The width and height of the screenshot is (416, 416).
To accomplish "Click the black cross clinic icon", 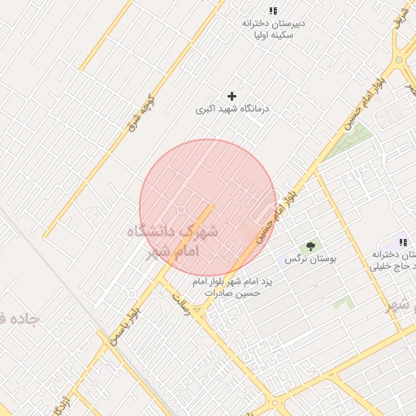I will pyautogui.click(x=232, y=96).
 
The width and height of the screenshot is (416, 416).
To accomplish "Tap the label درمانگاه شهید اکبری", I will pyautogui.click(x=232, y=108).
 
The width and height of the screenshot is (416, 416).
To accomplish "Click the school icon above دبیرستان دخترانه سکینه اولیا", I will pyautogui.click(x=273, y=11).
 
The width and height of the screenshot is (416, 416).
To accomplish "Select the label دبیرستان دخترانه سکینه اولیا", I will pyautogui.click(x=273, y=29).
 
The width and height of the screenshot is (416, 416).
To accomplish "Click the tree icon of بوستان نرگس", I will pyautogui.click(x=310, y=245).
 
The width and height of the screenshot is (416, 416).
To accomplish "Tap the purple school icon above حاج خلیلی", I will pyautogui.click(x=402, y=242).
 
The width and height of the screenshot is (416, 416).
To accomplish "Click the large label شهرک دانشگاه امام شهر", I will pyautogui.click(x=172, y=240).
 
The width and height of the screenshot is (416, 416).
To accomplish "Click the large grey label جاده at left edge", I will pyautogui.click(x=19, y=318).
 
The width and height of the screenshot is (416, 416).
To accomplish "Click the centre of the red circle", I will pyautogui.click(x=208, y=208).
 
